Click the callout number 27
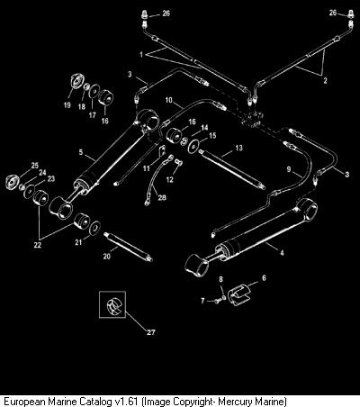(x=151, y=332)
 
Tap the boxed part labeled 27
(x=112, y=304)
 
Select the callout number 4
(x=282, y=253)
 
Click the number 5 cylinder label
(x=81, y=152)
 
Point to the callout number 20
(x=107, y=256)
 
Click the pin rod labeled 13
(x=232, y=169)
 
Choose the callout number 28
(x=162, y=197)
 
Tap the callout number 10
(x=169, y=100)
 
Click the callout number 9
(x=289, y=169)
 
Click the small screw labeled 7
(x=217, y=301)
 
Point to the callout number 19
(x=67, y=104)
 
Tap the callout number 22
(x=37, y=245)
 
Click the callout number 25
(x=35, y=165)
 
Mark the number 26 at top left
(x=166, y=13)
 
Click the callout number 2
(x=325, y=80)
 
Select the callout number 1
(x=141, y=55)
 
